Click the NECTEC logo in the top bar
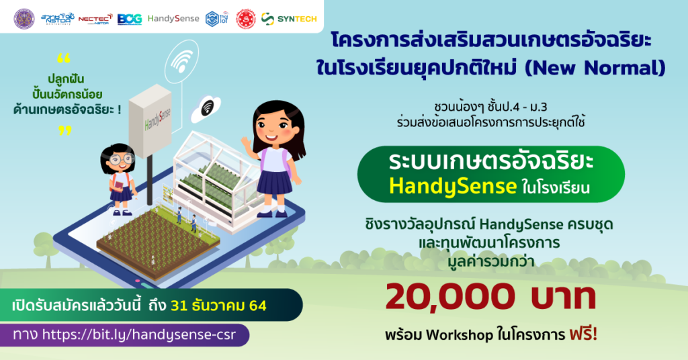pos(95,19)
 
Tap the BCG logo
pos(130,19)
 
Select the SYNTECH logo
pos(289,19)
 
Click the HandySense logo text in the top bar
pos(173,18)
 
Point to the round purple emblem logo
pos(24,19)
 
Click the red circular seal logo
pos(246,19)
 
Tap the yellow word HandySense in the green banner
pos(453,186)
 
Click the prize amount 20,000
pos(450,298)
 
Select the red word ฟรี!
pos(583,334)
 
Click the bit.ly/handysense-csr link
pos(138,335)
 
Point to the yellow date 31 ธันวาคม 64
pos(218,305)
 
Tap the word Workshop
pos(460,335)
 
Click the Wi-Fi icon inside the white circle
pos(181,62)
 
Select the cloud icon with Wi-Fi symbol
pos(206,109)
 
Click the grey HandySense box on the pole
pos(150,121)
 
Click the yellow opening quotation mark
pos(64,58)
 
